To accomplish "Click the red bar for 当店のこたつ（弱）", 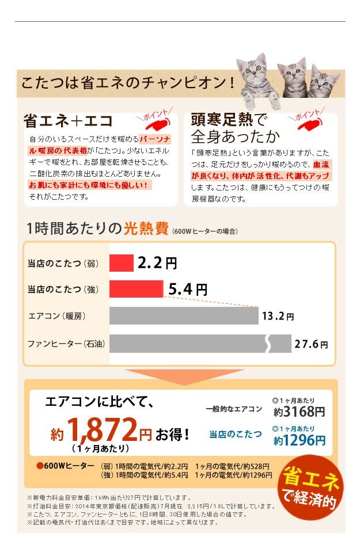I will (x=122, y=263).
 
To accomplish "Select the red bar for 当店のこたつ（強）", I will (x=136, y=289).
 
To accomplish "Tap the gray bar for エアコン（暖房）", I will (x=183, y=315).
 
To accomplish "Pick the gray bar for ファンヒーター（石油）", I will (x=199, y=344).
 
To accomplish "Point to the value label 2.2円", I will (x=157, y=264).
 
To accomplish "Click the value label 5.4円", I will (x=187, y=290).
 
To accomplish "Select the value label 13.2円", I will (x=277, y=316).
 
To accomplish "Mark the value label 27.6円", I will (x=311, y=344).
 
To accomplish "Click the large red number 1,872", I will (x=101, y=429).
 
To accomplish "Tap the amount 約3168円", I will (x=299, y=412).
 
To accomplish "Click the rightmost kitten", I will (x=325, y=81).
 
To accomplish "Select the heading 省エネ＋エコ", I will (x=68, y=121).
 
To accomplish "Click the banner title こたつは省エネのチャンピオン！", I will (x=128, y=82).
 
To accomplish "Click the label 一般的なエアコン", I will (x=233, y=409).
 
